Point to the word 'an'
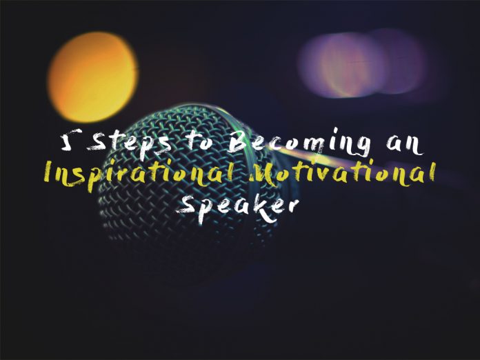404,145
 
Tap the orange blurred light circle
92,77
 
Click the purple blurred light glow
362,63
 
